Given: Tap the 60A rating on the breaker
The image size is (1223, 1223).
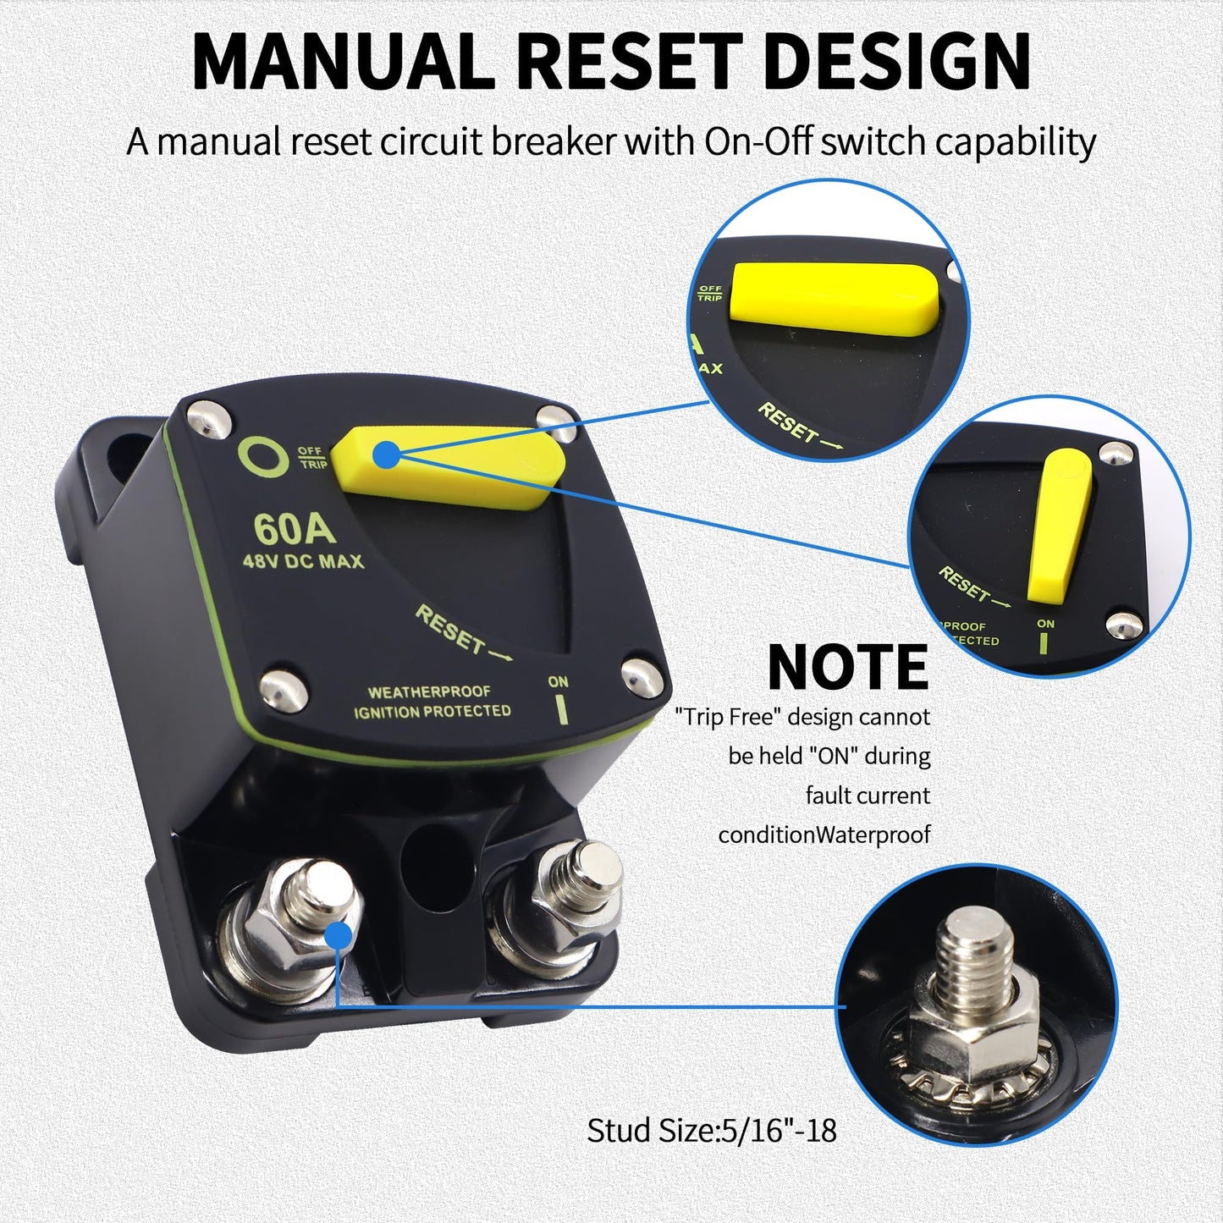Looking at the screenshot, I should tap(294, 530).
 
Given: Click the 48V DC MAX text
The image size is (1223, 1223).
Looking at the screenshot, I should tap(303, 561).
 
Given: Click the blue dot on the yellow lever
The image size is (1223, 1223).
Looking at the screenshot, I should tap(386, 454).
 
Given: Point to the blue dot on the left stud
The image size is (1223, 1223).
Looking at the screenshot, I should tap(339, 936).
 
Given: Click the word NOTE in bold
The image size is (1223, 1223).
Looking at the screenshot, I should tap(847, 668).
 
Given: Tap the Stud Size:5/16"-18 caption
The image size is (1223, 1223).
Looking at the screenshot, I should tap(712, 1130).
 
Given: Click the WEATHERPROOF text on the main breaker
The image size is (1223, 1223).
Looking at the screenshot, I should tap(429, 692).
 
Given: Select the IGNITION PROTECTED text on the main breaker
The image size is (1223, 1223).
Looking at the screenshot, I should tap(432, 712).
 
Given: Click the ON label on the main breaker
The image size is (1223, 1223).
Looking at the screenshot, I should tap(558, 682).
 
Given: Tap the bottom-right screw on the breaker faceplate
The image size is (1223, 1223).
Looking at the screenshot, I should tap(641, 675).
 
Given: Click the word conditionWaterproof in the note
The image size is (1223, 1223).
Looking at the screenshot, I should tap(824, 835).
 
